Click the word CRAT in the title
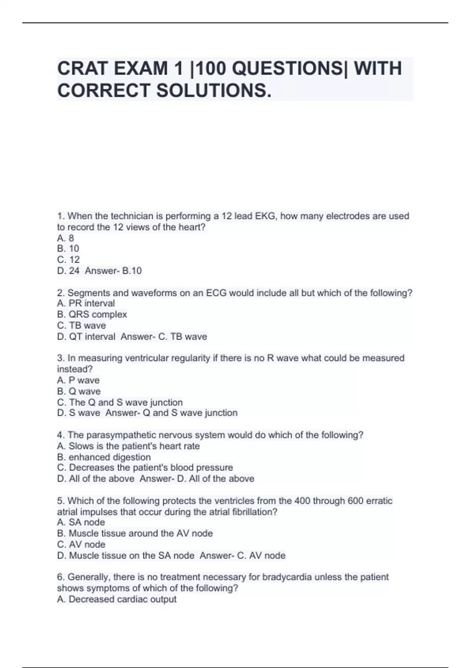click(82, 68)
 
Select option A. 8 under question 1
click(66, 238)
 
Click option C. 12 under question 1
click(68, 259)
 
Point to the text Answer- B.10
click(113, 271)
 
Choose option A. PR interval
click(86, 303)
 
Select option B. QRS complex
click(92, 314)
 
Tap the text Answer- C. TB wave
click(164, 337)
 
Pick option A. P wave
click(78, 380)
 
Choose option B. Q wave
click(78, 391)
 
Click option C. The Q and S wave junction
click(120, 402)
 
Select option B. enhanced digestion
click(104, 457)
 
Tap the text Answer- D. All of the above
click(197, 479)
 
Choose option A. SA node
click(81, 522)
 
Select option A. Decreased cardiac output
click(117, 599)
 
